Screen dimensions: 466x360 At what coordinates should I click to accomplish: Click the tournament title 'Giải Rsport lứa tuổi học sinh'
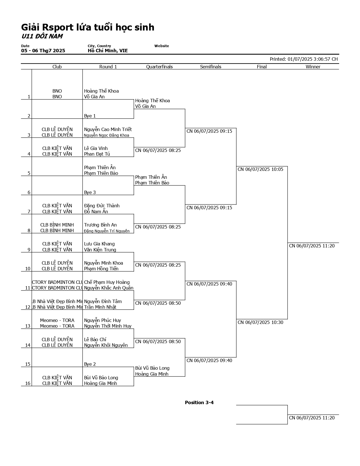click(88, 27)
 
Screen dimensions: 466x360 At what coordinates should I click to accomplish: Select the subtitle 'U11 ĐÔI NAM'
click(42, 36)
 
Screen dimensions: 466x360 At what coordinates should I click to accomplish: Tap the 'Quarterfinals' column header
click(159, 67)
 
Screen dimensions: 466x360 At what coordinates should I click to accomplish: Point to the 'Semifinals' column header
click(211, 67)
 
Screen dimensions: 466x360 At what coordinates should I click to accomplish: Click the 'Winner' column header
click(313, 67)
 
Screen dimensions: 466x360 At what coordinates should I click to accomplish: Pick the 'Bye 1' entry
click(90, 116)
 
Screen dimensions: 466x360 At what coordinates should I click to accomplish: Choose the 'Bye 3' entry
click(90, 192)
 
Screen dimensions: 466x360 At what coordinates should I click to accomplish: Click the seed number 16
click(28, 383)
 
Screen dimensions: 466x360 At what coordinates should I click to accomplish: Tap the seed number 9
click(29, 250)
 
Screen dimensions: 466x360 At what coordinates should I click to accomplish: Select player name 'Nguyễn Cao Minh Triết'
click(108, 129)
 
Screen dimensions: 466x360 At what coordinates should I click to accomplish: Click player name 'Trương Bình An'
click(100, 225)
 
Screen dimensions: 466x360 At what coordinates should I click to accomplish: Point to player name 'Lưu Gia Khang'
click(99, 244)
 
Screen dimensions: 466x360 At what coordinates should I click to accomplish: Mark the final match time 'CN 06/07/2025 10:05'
click(260, 169)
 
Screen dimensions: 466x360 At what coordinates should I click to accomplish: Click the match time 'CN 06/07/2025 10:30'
click(260, 322)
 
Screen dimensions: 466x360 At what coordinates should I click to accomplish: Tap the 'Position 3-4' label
click(199, 402)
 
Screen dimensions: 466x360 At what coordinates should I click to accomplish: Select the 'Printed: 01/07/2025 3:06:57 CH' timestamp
click(304, 59)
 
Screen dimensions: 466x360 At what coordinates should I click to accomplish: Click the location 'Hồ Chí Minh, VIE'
click(108, 51)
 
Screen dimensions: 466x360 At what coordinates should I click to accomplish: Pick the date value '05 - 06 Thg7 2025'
click(43, 51)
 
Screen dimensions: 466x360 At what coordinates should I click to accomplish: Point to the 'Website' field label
click(162, 46)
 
